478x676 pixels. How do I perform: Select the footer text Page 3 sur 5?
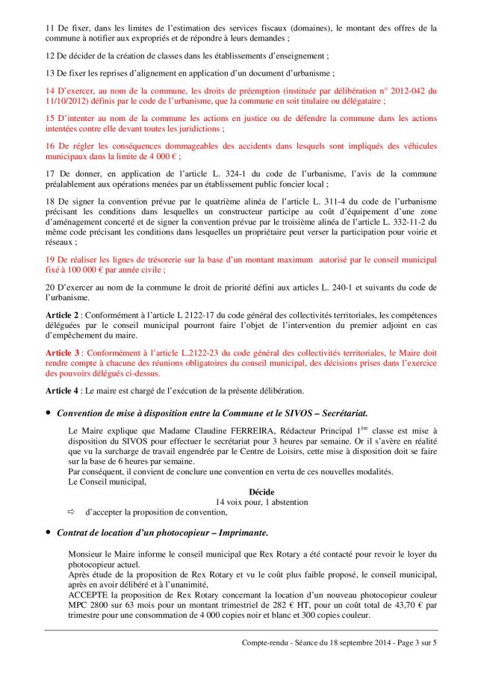coord(409,642)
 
